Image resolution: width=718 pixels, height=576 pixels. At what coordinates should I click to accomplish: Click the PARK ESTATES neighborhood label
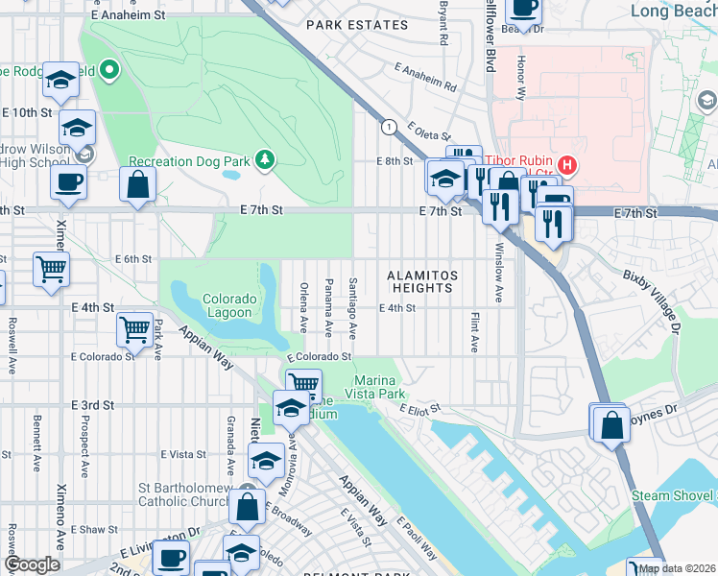tap(351, 26)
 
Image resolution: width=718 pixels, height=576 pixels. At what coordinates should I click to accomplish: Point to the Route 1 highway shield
tap(388, 127)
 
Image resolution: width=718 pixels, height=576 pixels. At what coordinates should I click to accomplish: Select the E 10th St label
tap(26, 112)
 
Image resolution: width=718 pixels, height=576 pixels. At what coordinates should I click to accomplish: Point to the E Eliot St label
tap(420, 410)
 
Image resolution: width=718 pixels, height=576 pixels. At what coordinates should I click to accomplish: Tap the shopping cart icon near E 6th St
tap(51, 268)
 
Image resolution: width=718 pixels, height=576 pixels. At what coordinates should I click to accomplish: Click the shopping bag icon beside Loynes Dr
tap(610, 423)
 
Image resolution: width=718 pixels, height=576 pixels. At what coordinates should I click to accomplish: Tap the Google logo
tap(32, 565)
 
